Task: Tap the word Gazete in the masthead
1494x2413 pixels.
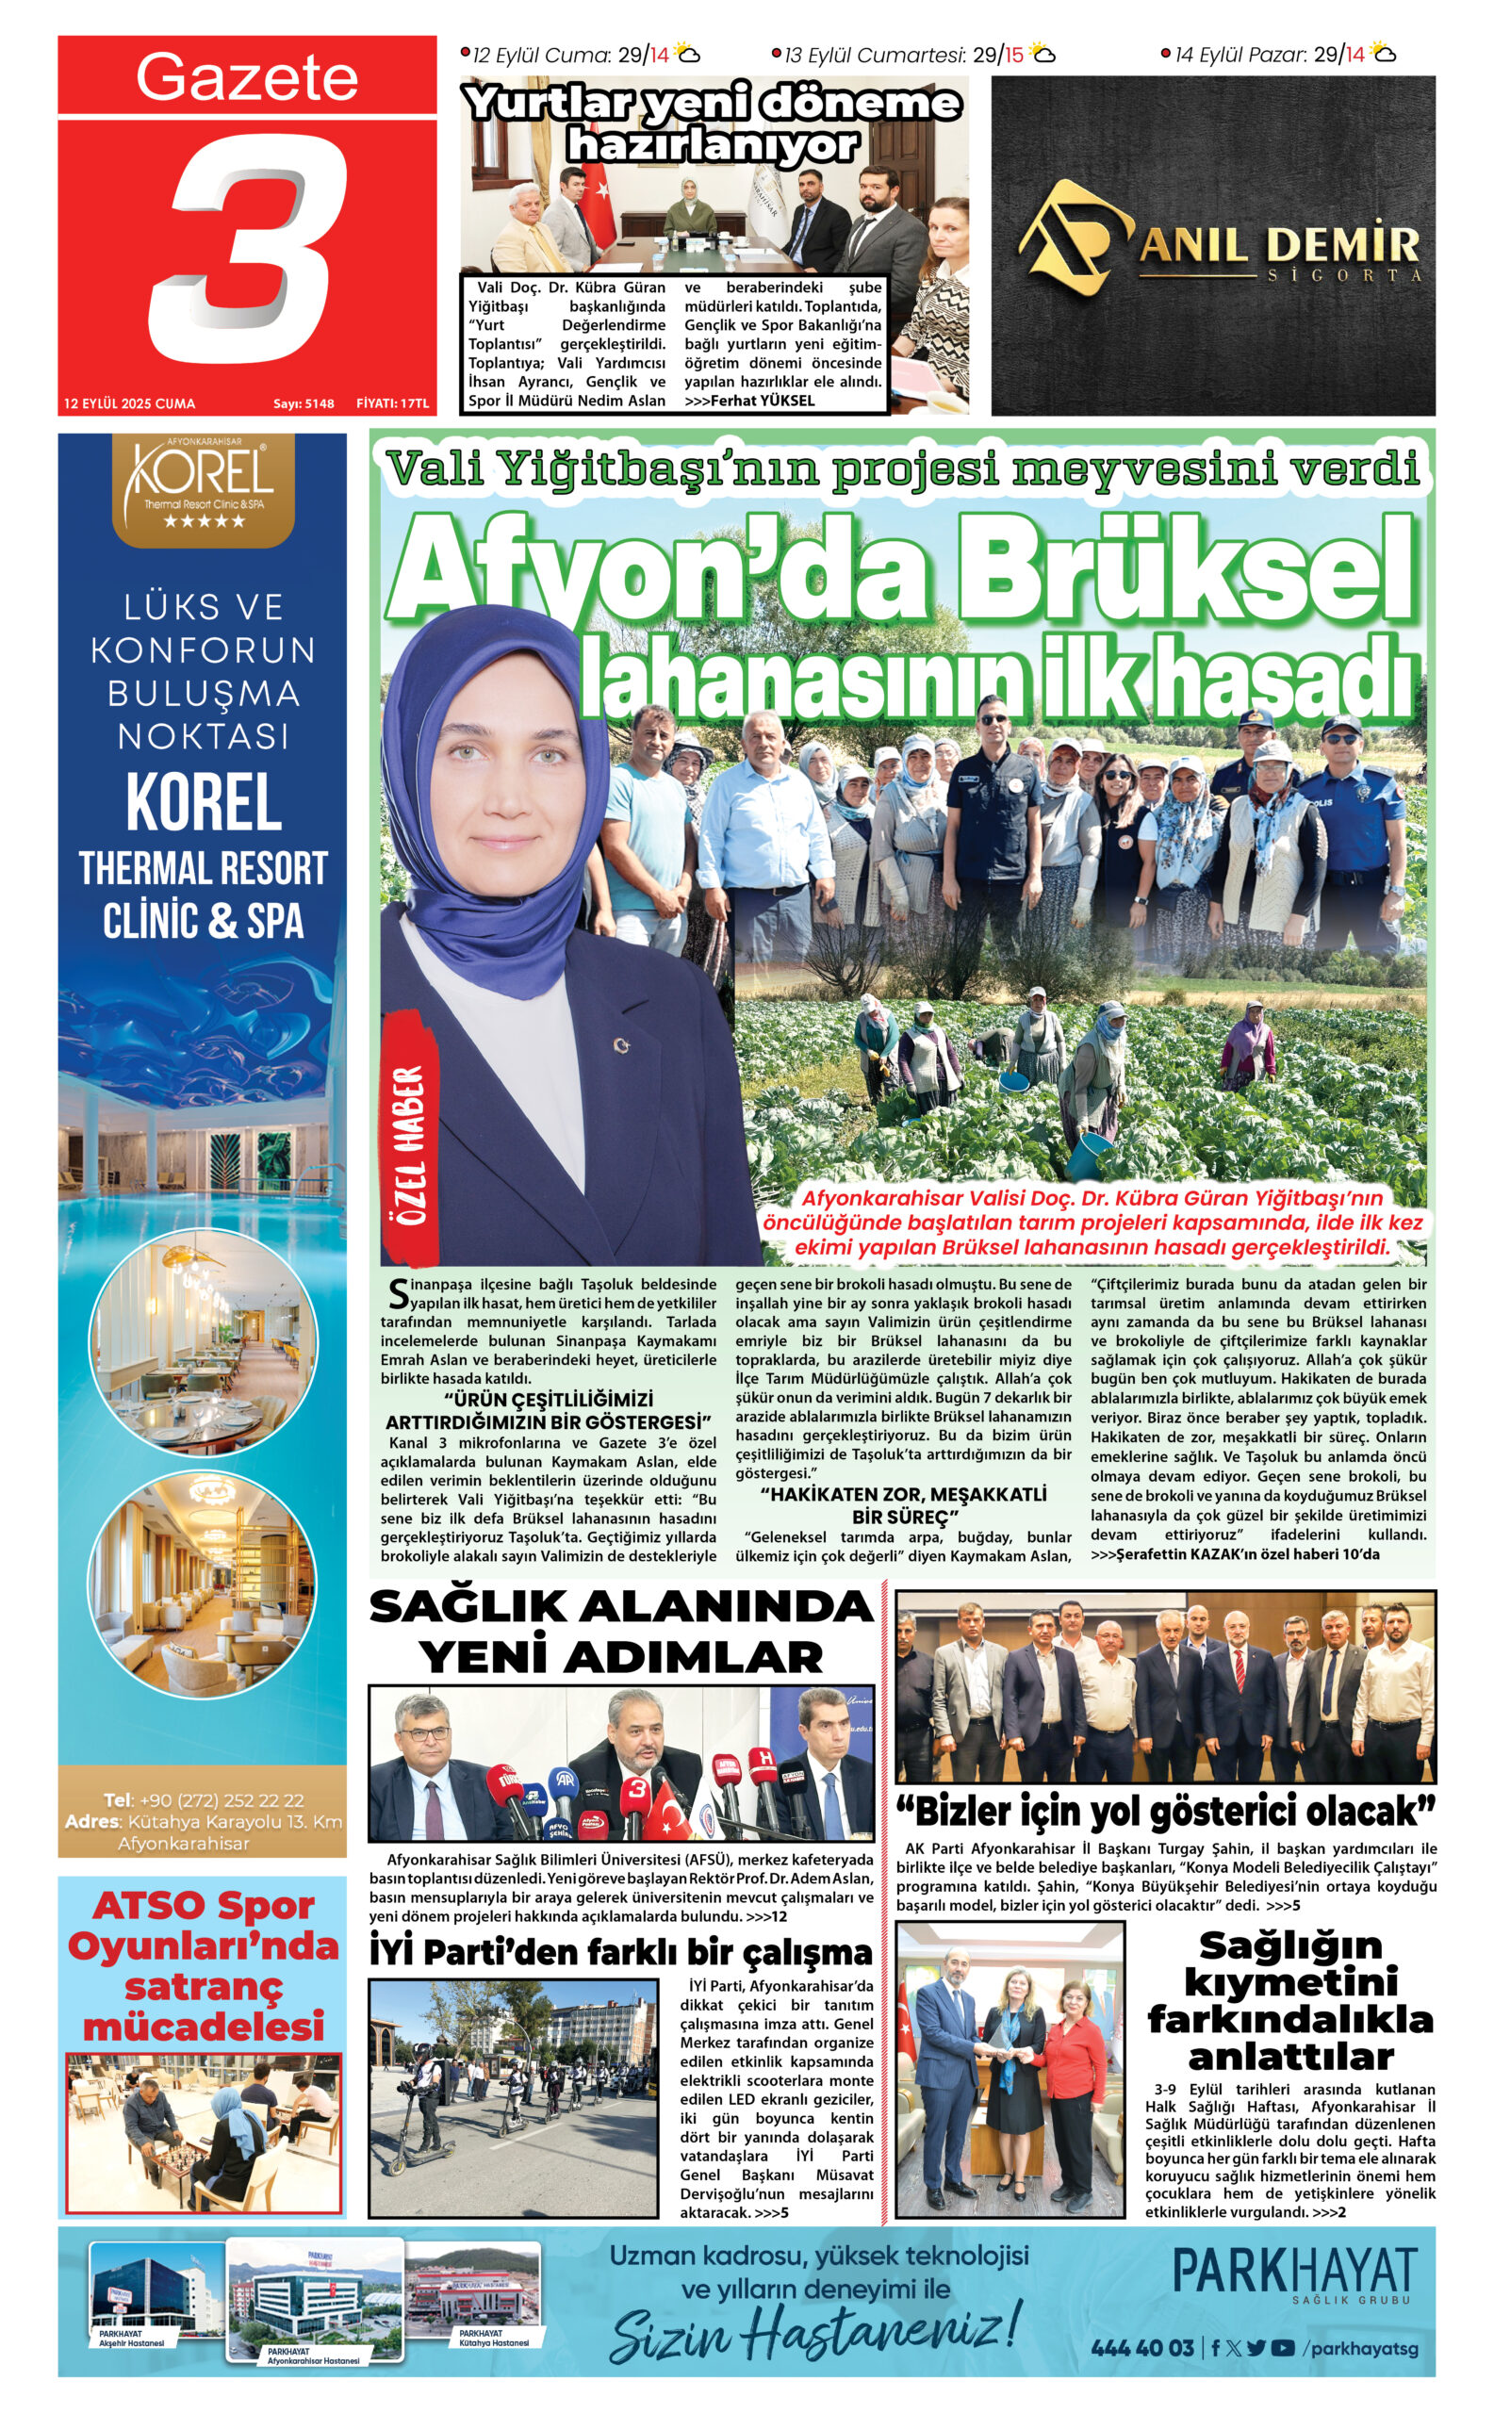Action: (246, 77)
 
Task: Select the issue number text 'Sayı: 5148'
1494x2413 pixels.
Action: (304, 403)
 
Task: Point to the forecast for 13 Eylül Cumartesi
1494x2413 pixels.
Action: (913, 56)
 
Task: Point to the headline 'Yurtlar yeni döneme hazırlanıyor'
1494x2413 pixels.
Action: (713, 124)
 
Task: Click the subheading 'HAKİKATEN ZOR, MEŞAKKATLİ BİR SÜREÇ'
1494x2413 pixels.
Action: (902, 1505)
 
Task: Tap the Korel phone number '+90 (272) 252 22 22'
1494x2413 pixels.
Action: (222, 1800)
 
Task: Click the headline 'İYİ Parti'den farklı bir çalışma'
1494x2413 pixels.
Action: (620, 1952)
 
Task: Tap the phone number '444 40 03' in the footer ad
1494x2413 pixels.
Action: (1142, 2349)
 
